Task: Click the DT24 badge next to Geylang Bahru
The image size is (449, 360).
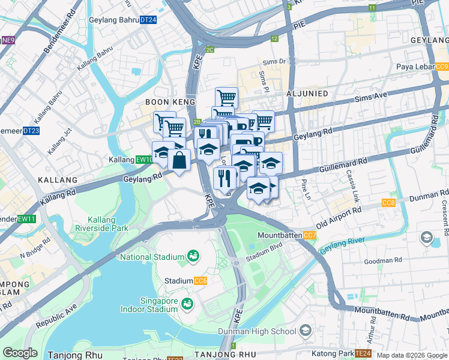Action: click(x=148, y=20)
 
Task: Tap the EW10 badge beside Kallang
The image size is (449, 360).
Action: click(x=145, y=160)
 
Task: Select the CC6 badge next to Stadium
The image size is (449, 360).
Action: click(x=200, y=281)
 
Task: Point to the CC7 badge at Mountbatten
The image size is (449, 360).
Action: click(x=310, y=236)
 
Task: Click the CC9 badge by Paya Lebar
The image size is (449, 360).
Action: click(x=442, y=67)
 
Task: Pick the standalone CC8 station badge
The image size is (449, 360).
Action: click(x=388, y=203)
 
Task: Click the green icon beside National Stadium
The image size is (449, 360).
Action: click(x=193, y=257)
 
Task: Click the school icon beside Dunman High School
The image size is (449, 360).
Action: click(x=306, y=331)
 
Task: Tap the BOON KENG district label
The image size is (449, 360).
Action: click(x=170, y=103)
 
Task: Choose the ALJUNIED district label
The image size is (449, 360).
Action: click(x=307, y=94)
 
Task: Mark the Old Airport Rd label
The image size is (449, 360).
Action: click(x=340, y=215)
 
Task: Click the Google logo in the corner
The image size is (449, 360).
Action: click(x=20, y=353)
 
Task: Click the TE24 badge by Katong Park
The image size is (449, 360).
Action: click(x=363, y=353)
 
